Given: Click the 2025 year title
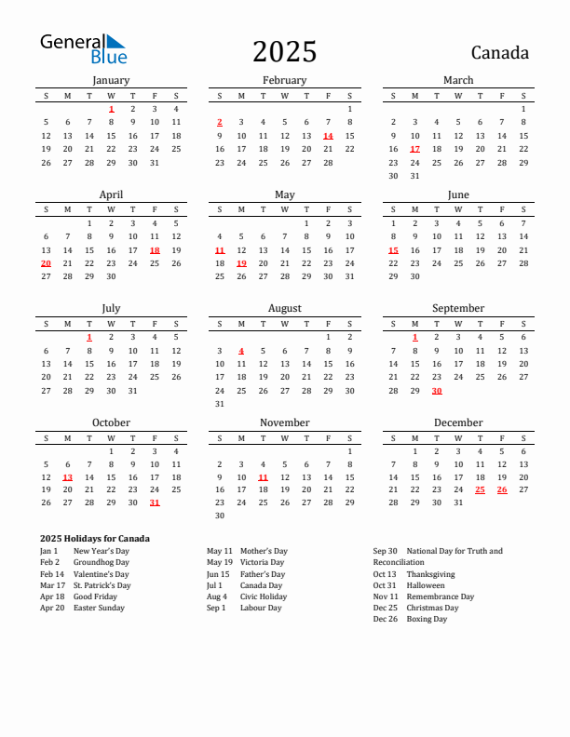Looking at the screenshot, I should (284, 51).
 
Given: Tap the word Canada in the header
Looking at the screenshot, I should (499, 52).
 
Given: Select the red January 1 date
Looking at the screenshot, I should (111, 109).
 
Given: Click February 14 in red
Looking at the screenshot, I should (328, 135).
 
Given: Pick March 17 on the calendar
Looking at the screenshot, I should (414, 149).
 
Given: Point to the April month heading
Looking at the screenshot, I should (111, 194).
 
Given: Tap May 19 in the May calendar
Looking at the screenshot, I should (241, 263).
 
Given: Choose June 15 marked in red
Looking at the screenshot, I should (393, 249).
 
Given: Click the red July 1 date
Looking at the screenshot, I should (89, 337).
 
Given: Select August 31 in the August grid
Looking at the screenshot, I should (219, 404).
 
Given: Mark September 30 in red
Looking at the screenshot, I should (437, 391).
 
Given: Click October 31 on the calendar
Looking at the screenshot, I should (155, 502).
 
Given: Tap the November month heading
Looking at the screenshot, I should (284, 422).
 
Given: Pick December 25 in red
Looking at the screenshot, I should (481, 489).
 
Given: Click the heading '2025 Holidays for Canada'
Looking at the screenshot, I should (95, 539).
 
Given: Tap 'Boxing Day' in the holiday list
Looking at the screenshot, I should (427, 619).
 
